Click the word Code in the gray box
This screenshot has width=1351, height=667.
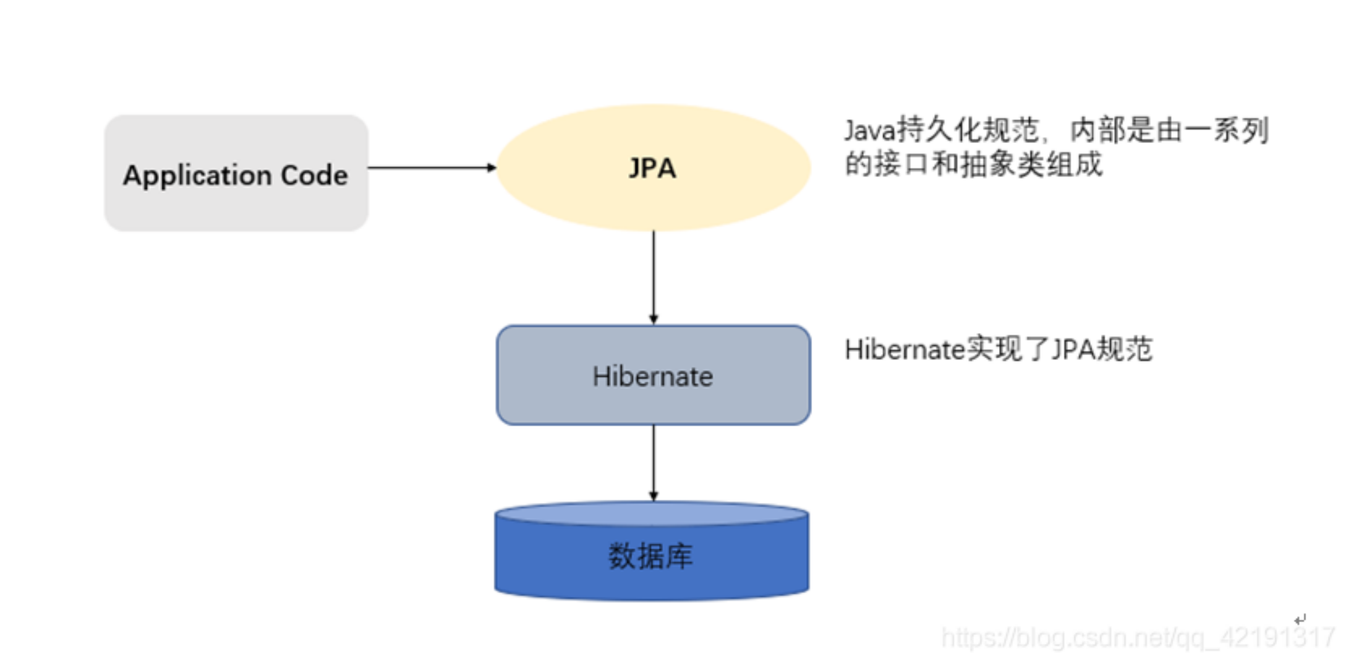coord(314,175)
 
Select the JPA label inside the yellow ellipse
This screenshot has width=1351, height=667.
coord(652,168)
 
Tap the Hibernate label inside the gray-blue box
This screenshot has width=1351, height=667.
coord(653,377)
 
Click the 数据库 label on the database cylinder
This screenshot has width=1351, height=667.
coord(651,556)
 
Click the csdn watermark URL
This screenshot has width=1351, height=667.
coord(1137,637)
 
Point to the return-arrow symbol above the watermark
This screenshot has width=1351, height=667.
coord(1299,618)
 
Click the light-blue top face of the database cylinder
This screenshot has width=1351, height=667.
coord(652,513)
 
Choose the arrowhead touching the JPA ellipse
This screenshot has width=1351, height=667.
coord(491,168)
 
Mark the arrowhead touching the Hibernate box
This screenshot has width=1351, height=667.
coord(653,319)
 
